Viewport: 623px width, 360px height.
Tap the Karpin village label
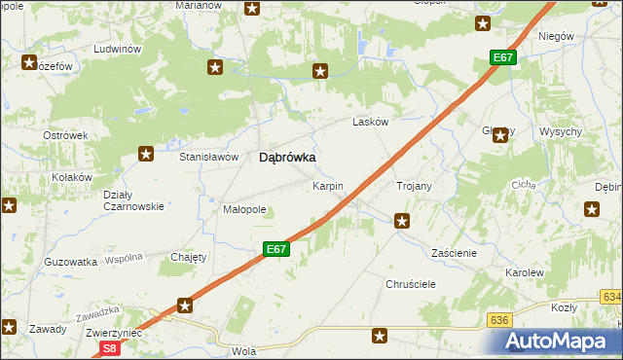click(x=327, y=185)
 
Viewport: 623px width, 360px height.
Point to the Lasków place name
click(x=370, y=123)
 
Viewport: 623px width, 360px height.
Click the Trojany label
click(x=414, y=185)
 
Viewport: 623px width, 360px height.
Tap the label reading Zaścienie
click(x=454, y=252)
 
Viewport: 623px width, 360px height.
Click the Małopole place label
click(x=244, y=209)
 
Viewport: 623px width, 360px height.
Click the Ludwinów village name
click(x=117, y=49)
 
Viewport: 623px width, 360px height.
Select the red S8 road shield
click(x=110, y=347)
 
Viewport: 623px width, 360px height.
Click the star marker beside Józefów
click(x=29, y=64)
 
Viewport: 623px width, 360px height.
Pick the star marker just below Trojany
click(x=401, y=222)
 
